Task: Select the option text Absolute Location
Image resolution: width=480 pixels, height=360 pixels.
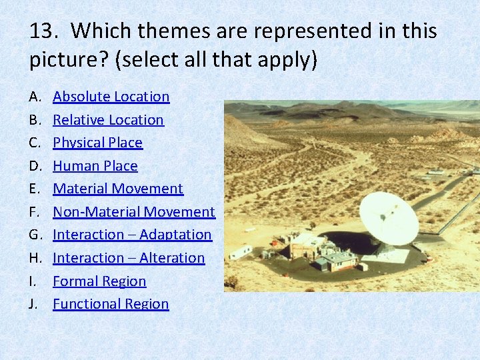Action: (111, 97)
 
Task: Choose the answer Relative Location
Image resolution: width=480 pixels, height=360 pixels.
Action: (108, 120)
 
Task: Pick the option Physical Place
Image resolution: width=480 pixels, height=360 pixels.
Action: (97, 143)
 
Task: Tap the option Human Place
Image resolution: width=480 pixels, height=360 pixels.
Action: (95, 166)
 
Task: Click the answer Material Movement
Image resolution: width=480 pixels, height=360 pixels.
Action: (118, 189)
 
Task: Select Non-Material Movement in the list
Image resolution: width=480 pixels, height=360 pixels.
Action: (134, 212)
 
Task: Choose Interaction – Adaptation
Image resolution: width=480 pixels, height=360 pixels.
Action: (132, 235)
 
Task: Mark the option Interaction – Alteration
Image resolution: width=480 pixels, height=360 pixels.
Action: (129, 258)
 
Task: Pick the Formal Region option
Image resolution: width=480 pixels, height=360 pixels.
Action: (99, 281)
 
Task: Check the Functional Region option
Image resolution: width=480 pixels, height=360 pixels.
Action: (111, 304)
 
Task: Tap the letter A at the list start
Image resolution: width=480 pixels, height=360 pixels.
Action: (35, 97)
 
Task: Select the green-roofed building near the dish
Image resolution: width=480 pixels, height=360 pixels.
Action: (339, 258)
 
